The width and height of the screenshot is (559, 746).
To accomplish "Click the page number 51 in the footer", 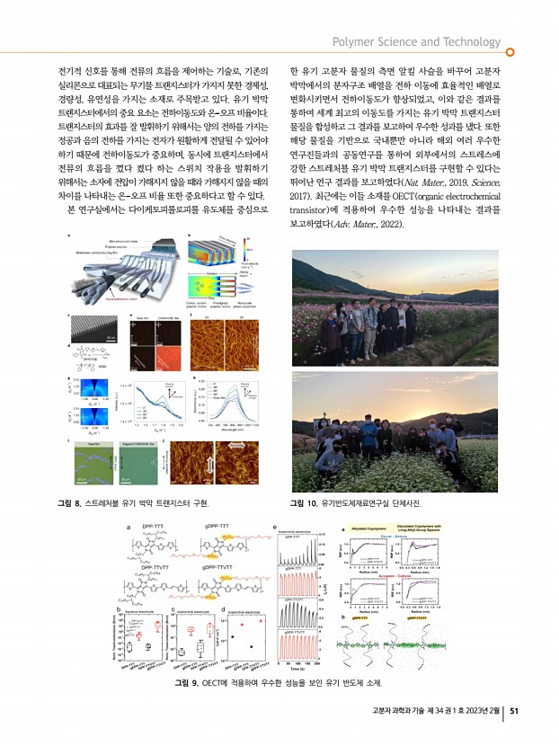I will [x=515, y=713].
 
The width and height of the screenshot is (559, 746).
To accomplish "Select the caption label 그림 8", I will [x=68, y=501].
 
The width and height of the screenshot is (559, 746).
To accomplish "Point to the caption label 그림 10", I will [x=302, y=501].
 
